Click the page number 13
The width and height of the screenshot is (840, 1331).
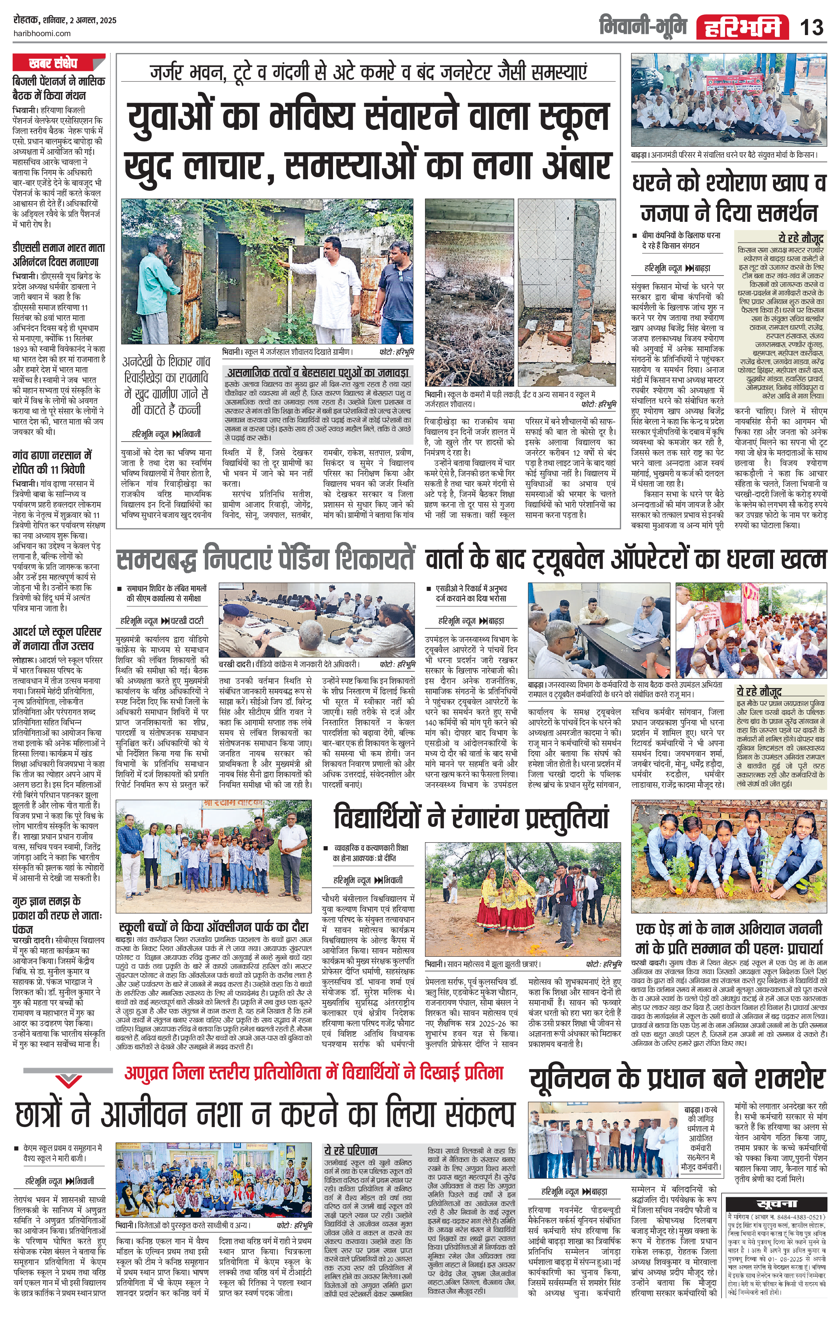coord(811,26)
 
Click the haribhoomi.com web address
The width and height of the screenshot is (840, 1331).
coord(42,33)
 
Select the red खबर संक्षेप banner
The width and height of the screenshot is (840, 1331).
coord(53,63)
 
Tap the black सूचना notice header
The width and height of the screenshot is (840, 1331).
coord(776,1203)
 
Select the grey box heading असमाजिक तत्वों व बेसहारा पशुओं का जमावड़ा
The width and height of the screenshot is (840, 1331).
coord(318,372)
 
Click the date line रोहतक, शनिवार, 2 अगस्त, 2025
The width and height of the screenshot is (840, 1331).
coord(65,20)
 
